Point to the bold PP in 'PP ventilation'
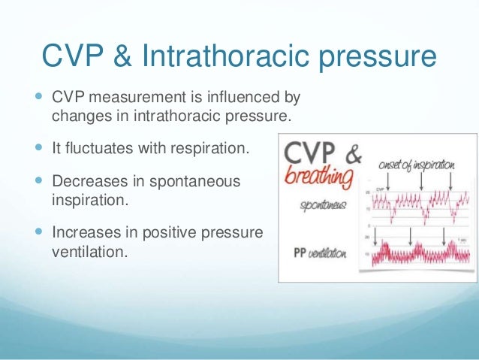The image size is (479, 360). click(300, 253)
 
